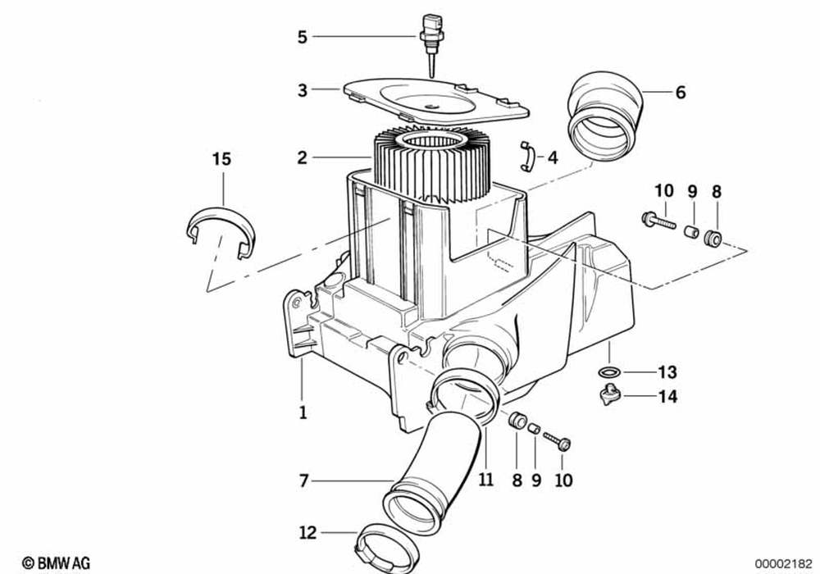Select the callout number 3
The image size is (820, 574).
pyautogui.click(x=303, y=90)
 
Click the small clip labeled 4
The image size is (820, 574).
pyautogui.click(x=527, y=156)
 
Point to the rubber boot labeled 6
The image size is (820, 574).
pyautogui.click(x=604, y=116)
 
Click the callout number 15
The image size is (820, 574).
pyautogui.click(x=221, y=159)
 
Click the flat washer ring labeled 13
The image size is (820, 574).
pyautogui.click(x=609, y=372)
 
